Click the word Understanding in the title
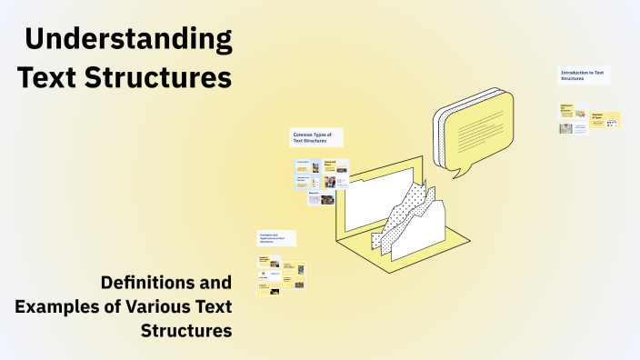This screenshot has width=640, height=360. [128, 40]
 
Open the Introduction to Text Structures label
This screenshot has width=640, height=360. [584, 75]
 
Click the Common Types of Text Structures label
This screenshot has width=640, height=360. [315, 137]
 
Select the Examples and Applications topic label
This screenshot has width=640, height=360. [276, 238]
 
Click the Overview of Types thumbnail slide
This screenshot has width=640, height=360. [605, 119]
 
